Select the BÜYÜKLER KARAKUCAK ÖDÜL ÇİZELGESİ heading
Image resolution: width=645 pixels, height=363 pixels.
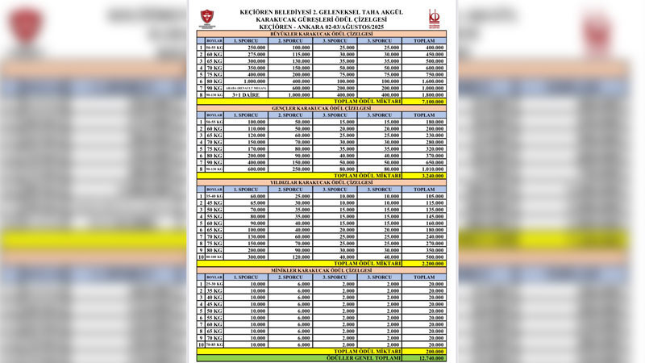(322, 34)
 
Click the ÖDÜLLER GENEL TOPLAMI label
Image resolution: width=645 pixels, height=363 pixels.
(367, 359)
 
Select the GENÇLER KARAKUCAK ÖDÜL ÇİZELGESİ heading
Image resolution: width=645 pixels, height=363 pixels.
(322, 109)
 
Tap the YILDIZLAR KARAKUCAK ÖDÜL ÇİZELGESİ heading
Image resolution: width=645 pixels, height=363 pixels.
(322, 182)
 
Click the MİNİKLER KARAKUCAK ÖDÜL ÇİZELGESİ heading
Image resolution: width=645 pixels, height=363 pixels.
(322, 269)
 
